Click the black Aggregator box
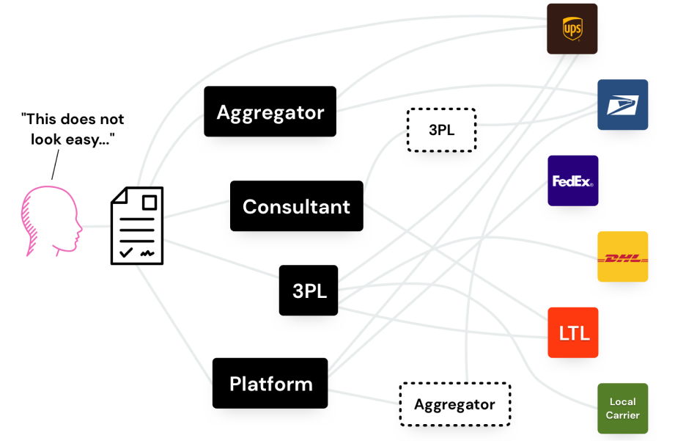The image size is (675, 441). pyautogui.click(x=270, y=112)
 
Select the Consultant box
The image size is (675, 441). pyautogui.click(x=296, y=206)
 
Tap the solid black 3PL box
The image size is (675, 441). pyautogui.click(x=309, y=291)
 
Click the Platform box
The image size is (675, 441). pyautogui.click(x=270, y=383)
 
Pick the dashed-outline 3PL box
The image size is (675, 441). pyautogui.click(x=441, y=130)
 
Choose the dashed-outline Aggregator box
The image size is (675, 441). pyautogui.click(x=454, y=404)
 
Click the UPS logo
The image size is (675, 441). pyautogui.click(x=572, y=29)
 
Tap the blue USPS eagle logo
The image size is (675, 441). pyautogui.click(x=622, y=105)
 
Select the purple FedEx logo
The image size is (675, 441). pyautogui.click(x=572, y=181)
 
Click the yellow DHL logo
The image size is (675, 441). pyautogui.click(x=622, y=257)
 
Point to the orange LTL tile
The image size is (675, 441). pyautogui.click(x=573, y=332)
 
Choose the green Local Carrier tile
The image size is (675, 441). pyautogui.click(x=622, y=408)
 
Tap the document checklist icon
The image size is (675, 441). pyautogui.click(x=136, y=225)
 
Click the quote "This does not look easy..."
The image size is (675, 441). pyautogui.click(x=73, y=128)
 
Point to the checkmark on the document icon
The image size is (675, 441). pyautogui.click(x=127, y=252)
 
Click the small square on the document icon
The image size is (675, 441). pyautogui.click(x=150, y=202)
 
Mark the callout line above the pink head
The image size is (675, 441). pyautogui.click(x=54, y=165)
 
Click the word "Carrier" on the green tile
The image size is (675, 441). pyautogui.click(x=622, y=415)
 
